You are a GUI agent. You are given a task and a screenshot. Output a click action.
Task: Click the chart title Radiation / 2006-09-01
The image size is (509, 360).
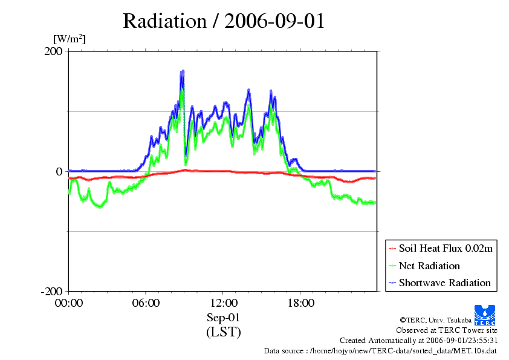[224, 21]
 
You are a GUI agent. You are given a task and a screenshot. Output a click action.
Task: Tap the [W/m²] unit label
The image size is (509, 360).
[70, 40]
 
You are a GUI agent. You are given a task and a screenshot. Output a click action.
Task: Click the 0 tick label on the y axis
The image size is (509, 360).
[59, 171]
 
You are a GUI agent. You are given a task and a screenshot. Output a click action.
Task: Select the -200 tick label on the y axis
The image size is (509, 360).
[52, 292]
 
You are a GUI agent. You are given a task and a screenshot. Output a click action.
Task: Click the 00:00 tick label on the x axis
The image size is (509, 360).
[69, 303]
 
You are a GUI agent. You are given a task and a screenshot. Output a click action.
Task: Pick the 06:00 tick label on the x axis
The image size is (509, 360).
[146, 303]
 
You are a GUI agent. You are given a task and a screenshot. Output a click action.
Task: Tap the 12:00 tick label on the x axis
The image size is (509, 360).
[223, 303]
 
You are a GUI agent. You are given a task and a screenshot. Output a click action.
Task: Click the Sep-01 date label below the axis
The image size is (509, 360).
[223, 318]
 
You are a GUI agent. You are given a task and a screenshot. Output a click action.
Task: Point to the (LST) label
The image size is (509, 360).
[223, 332]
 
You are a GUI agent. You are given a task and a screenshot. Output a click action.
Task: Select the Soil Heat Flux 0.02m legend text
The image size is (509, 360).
[446, 249]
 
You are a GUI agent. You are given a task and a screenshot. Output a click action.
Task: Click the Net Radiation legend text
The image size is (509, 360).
[429, 266]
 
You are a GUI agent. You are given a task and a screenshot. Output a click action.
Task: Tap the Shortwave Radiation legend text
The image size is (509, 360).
[445, 283]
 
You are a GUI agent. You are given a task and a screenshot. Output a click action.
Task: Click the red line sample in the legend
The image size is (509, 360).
[392, 249]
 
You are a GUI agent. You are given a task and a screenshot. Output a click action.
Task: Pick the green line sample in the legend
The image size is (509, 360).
[392, 266]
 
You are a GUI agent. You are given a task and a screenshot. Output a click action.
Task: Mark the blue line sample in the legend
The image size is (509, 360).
[392, 283]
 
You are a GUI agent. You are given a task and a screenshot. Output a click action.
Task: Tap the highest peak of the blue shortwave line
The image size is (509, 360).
[182, 72]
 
